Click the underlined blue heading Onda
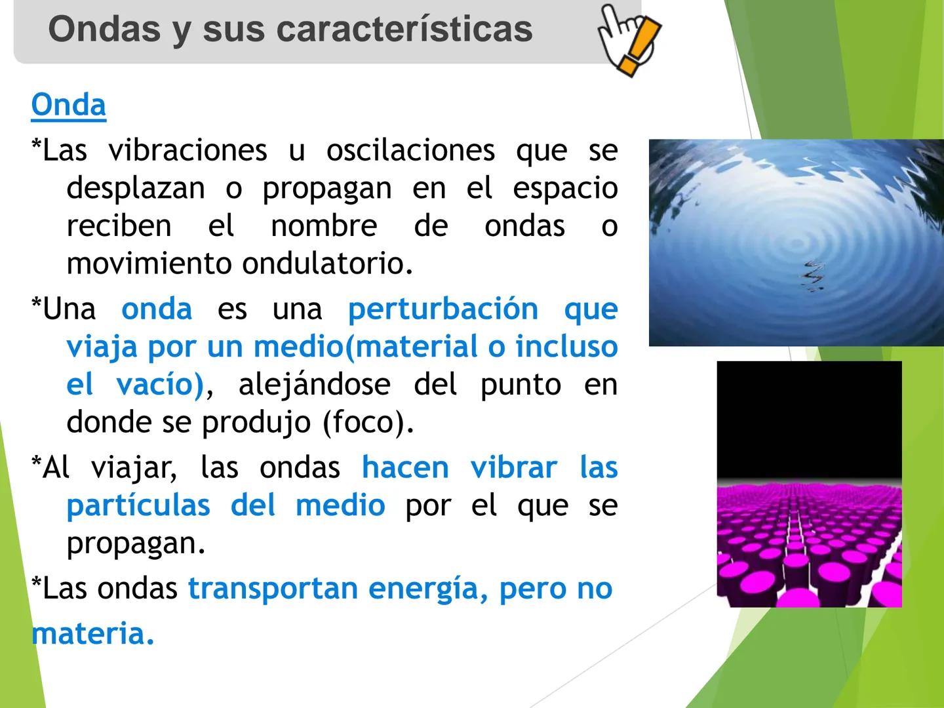[x=68, y=105]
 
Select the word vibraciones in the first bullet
[x=187, y=150]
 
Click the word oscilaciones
[x=410, y=150]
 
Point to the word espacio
[x=564, y=188]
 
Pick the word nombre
[x=324, y=226]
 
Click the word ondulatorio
[x=327, y=264]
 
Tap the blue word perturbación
[x=442, y=309]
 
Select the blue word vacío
[x=160, y=384]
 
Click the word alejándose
[x=314, y=384]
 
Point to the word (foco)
[x=368, y=422]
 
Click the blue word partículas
[x=138, y=505]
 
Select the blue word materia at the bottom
[x=92, y=633]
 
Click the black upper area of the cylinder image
[x=809, y=420]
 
